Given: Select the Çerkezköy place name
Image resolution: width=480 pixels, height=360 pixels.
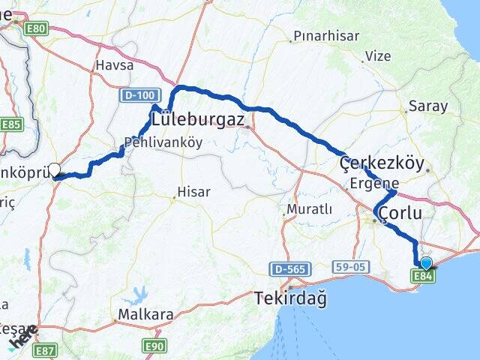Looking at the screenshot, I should [x=382, y=163].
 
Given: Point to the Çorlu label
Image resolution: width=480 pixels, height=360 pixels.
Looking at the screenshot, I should [x=400, y=214].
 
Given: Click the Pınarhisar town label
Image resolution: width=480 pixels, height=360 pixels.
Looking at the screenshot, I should [x=326, y=36].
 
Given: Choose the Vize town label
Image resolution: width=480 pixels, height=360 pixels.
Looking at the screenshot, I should [x=377, y=56].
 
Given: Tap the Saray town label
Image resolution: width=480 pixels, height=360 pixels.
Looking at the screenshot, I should [x=428, y=106].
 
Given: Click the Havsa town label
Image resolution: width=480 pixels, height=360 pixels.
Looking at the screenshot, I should [x=114, y=65].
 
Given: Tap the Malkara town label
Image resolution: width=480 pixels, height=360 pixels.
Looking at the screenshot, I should [x=141, y=313].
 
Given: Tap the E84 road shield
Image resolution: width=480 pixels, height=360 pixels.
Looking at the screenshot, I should [x=423, y=276].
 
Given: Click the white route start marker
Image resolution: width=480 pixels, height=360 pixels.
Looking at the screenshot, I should [x=54, y=170].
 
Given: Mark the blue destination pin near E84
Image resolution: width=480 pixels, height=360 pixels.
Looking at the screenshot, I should [x=427, y=262].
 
